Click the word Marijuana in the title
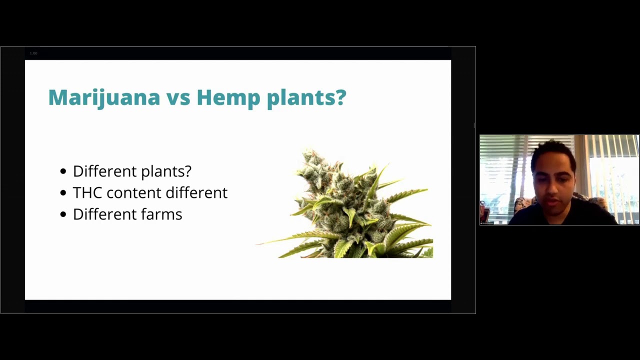[x=104, y=98]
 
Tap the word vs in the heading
[x=178, y=98]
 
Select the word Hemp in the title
[x=228, y=98]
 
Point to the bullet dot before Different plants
[x=63, y=171]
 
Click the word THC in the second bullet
[x=87, y=192]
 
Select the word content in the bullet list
[x=133, y=192]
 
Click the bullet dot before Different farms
[x=63, y=214]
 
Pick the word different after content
[x=196, y=192]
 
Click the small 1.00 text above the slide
[x=33, y=53]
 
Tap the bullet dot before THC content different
[x=63, y=193]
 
